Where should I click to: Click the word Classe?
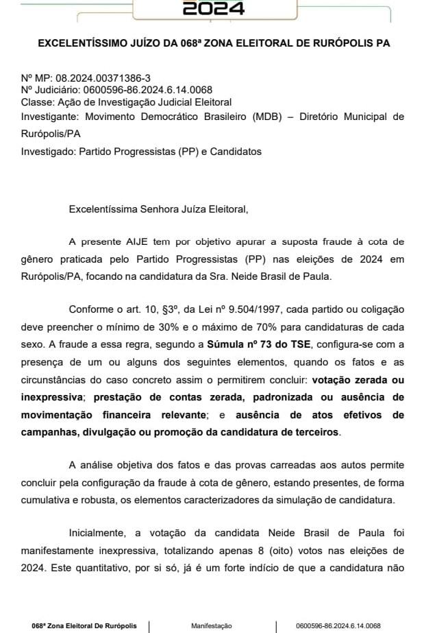36,102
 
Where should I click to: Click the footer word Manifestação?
212,625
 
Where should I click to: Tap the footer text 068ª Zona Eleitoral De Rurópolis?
84,625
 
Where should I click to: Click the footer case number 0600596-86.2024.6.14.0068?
338,625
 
